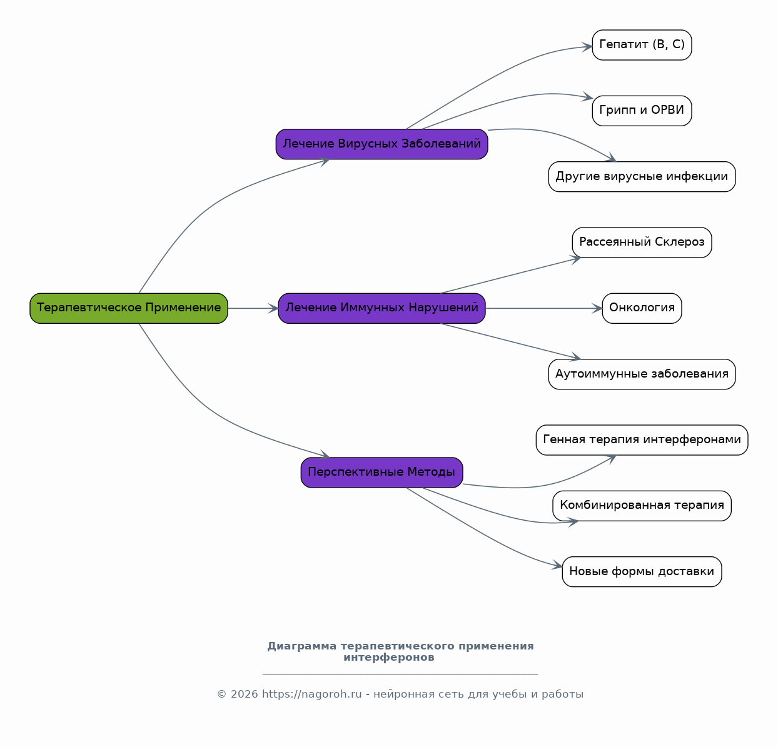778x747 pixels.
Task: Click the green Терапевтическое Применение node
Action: [x=129, y=308]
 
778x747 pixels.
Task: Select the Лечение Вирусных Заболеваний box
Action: [x=381, y=144]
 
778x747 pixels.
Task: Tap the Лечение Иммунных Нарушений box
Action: [x=381, y=308]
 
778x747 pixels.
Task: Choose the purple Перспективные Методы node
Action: [x=381, y=473]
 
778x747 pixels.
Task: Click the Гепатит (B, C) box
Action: [x=642, y=45]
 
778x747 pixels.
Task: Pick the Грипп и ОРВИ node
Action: [x=642, y=111]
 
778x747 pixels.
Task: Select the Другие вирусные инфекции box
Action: [x=642, y=177]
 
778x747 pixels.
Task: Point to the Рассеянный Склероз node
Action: [x=642, y=243]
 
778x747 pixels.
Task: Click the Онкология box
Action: [x=642, y=308]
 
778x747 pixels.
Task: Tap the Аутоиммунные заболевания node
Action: [x=642, y=374]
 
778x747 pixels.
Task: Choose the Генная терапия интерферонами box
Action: [x=642, y=440]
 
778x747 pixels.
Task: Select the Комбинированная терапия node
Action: [x=642, y=506]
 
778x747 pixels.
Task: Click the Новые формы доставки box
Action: [x=642, y=571]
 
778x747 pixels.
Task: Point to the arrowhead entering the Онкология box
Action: [x=597, y=308]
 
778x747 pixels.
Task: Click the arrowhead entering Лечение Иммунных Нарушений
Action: [x=273, y=308]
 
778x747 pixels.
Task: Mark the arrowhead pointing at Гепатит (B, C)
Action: [x=587, y=47]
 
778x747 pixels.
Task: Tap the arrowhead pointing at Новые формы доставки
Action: [x=557, y=565]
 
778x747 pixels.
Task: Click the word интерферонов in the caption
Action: [x=388, y=658]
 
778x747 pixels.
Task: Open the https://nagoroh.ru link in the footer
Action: [x=312, y=694]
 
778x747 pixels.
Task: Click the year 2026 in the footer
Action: [x=245, y=694]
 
